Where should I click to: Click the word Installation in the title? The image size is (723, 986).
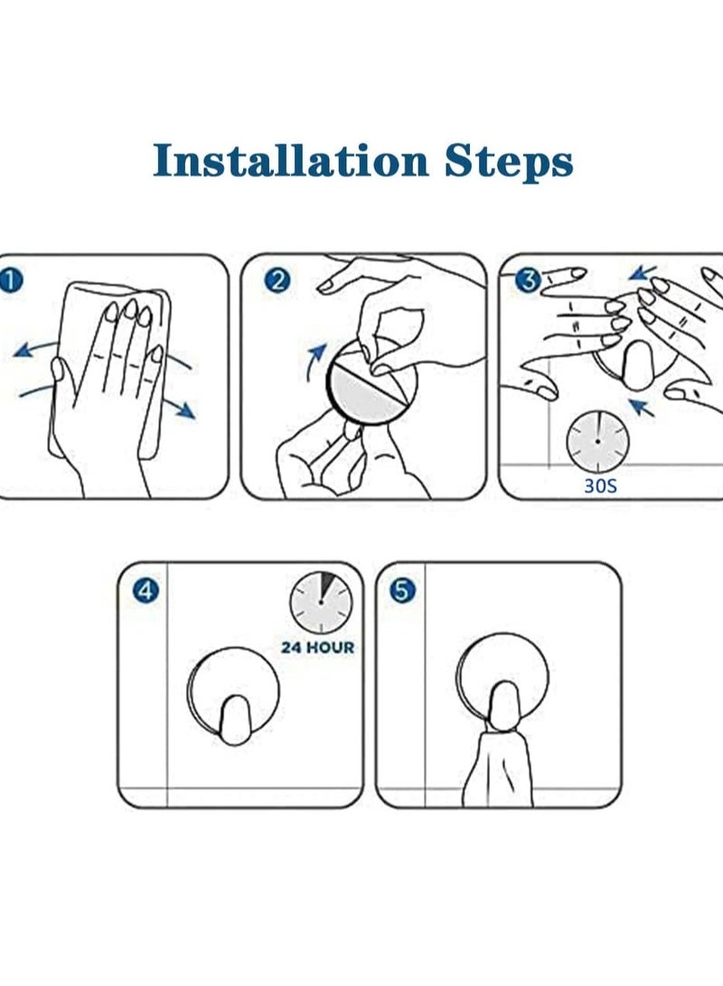[x=291, y=160]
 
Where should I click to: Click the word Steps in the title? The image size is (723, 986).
[x=509, y=163]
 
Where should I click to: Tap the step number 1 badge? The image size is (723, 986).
[x=9, y=280]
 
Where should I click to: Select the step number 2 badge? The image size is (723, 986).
[x=277, y=280]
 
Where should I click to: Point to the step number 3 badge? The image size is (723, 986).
[x=528, y=280]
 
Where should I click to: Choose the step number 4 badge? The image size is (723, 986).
[x=146, y=591]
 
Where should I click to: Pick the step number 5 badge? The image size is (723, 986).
[x=402, y=591]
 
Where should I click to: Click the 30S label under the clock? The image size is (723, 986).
[x=600, y=486]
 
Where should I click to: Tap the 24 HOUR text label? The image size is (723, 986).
[x=317, y=647]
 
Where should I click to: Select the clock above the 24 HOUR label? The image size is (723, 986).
[x=321, y=602]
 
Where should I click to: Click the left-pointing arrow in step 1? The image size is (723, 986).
[x=38, y=348]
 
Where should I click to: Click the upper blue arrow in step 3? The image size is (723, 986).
[x=643, y=272]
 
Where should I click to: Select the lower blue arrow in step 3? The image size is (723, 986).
[x=642, y=407]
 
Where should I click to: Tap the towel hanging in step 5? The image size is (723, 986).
[x=498, y=768]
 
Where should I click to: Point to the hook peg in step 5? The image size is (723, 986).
[x=503, y=707]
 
